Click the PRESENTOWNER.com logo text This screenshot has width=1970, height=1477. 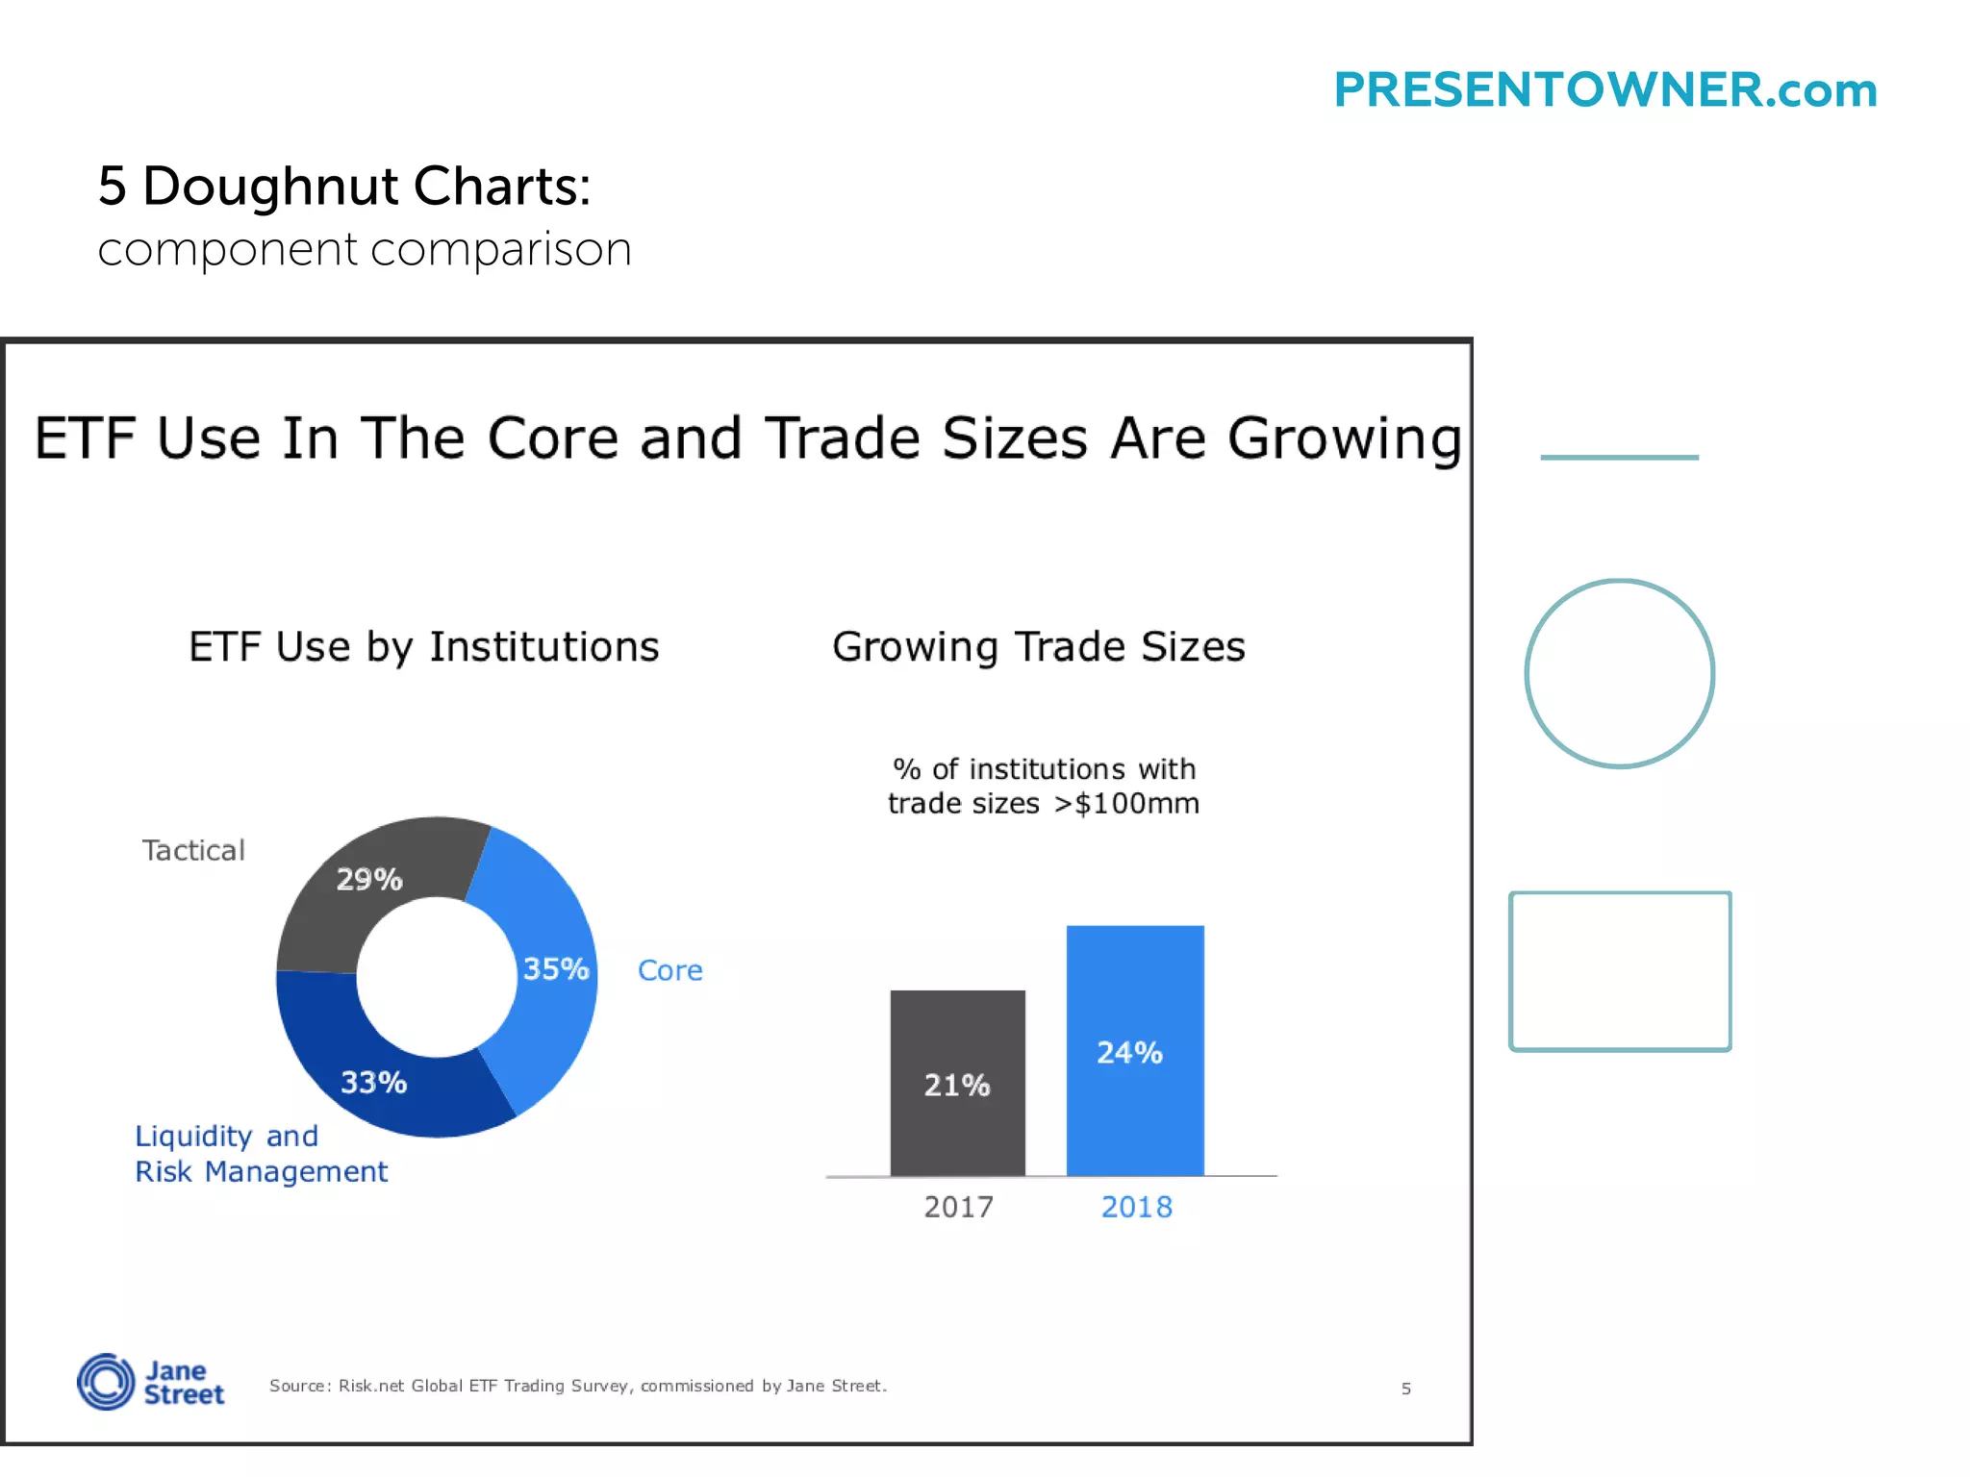(1604, 90)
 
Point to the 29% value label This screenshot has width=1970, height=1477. (369, 879)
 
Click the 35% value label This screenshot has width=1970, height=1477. (556, 968)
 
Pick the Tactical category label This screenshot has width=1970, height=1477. (193, 850)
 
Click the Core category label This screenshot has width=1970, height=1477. (670, 970)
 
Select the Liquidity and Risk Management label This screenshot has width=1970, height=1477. (261, 1153)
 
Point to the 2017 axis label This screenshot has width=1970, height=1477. (958, 1207)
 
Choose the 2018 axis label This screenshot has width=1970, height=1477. (1136, 1207)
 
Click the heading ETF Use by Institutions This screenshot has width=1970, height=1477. (424, 647)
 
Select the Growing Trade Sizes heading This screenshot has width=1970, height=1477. (1039, 647)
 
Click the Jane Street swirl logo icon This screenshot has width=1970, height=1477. (106, 1382)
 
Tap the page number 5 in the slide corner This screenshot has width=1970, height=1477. (1405, 1389)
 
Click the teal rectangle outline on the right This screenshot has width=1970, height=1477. (1511, 971)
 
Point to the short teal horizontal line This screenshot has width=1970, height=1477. (1619, 458)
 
